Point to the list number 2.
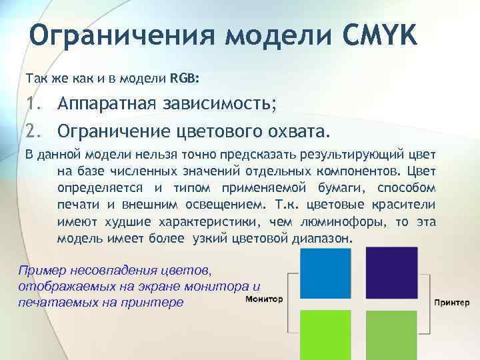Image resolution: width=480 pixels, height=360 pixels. (33, 128)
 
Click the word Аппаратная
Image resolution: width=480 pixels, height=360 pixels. (105, 104)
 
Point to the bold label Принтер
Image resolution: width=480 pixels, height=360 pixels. (456, 302)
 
